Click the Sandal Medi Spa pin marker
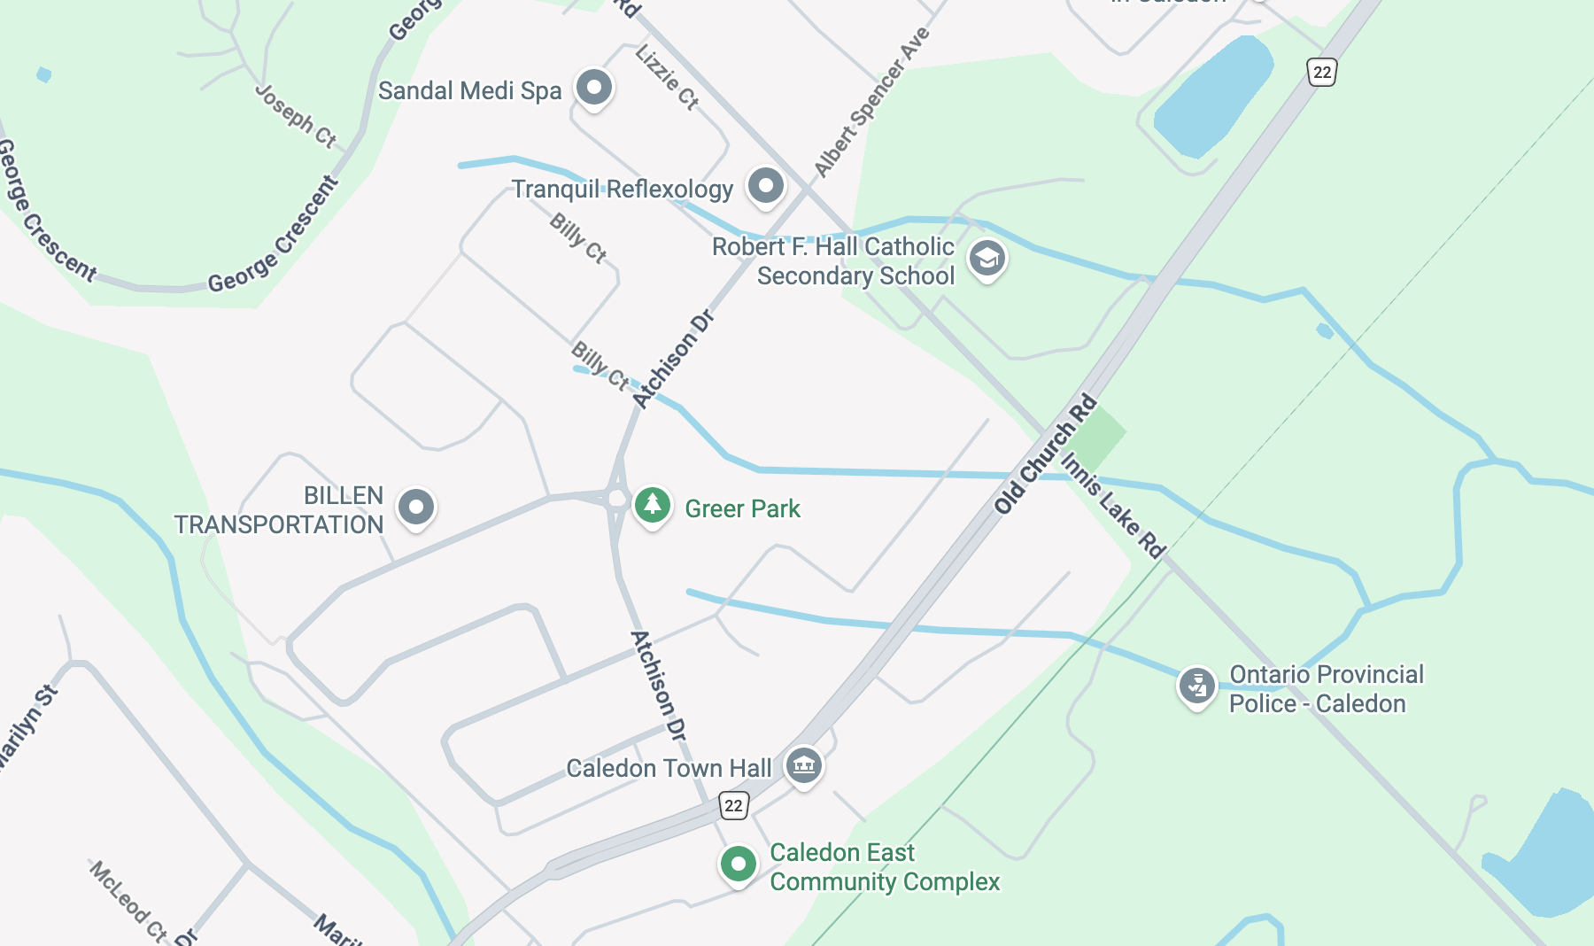tap(593, 88)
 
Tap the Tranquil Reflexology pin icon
tap(765, 186)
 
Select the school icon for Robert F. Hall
tap(987, 259)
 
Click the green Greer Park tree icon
tap(653, 506)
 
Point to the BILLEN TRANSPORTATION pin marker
tap(415, 508)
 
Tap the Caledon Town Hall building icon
tap(803, 764)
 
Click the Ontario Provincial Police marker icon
tap(1196, 685)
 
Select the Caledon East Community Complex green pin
tap(738, 864)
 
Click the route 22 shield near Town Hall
tap(733, 805)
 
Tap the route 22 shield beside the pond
tap(1321, 72)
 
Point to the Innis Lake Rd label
tap(1113, 506)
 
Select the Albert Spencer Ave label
tap(872, 102)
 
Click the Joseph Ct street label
tap(296, 116)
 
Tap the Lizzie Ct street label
tap(667, 77)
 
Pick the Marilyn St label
tap(27, 726)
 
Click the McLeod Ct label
tap(128, 900)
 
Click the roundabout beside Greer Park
tap(617, 499)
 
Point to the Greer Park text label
tap(742, 508)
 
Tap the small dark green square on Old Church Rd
tap(1098, 435)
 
